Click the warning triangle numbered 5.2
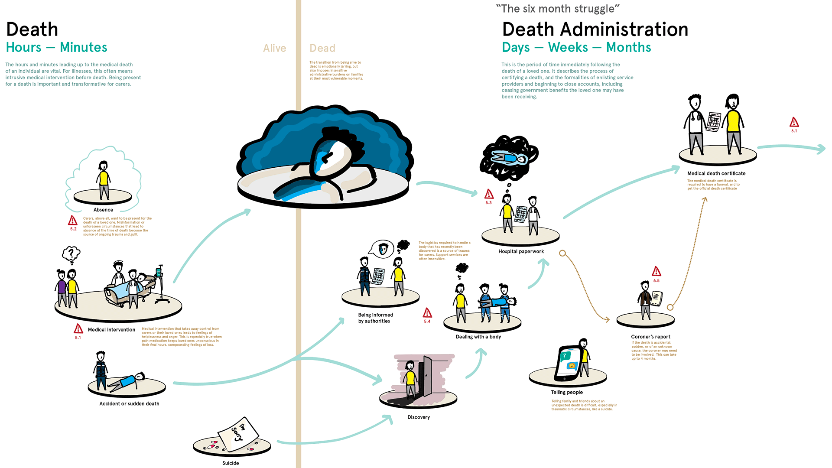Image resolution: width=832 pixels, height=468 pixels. (x=73, y=221)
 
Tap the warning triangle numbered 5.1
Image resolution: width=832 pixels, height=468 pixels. (x=78, y=329)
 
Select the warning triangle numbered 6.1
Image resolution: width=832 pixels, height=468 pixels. (x=794, y=122)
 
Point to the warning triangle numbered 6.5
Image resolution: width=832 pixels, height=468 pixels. (x=656, y=272)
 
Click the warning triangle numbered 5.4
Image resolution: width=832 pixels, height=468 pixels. (x=427, y=313)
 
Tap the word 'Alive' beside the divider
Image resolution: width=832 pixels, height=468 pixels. (x=274, y=48)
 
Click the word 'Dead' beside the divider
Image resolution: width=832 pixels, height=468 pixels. (x=322, y=48)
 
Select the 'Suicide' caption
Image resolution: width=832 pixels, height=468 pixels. (x=231, y=463)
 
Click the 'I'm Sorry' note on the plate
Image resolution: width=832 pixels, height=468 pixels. (x=238, y=432)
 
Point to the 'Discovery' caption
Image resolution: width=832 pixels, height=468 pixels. (x=419, y=417)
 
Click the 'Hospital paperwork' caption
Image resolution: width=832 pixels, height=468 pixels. (x=521, y=251)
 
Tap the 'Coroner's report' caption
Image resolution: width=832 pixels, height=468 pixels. (x=650, y=337)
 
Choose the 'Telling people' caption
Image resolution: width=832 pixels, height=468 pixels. (x=567, y=392)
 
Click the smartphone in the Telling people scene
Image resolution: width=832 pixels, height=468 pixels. (x=569, y=364)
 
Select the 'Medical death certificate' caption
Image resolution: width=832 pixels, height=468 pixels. (x=716, y=173)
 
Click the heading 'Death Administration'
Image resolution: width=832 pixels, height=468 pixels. (x=595, y=29)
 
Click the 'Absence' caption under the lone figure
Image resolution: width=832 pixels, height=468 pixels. (x=103, y=210)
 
